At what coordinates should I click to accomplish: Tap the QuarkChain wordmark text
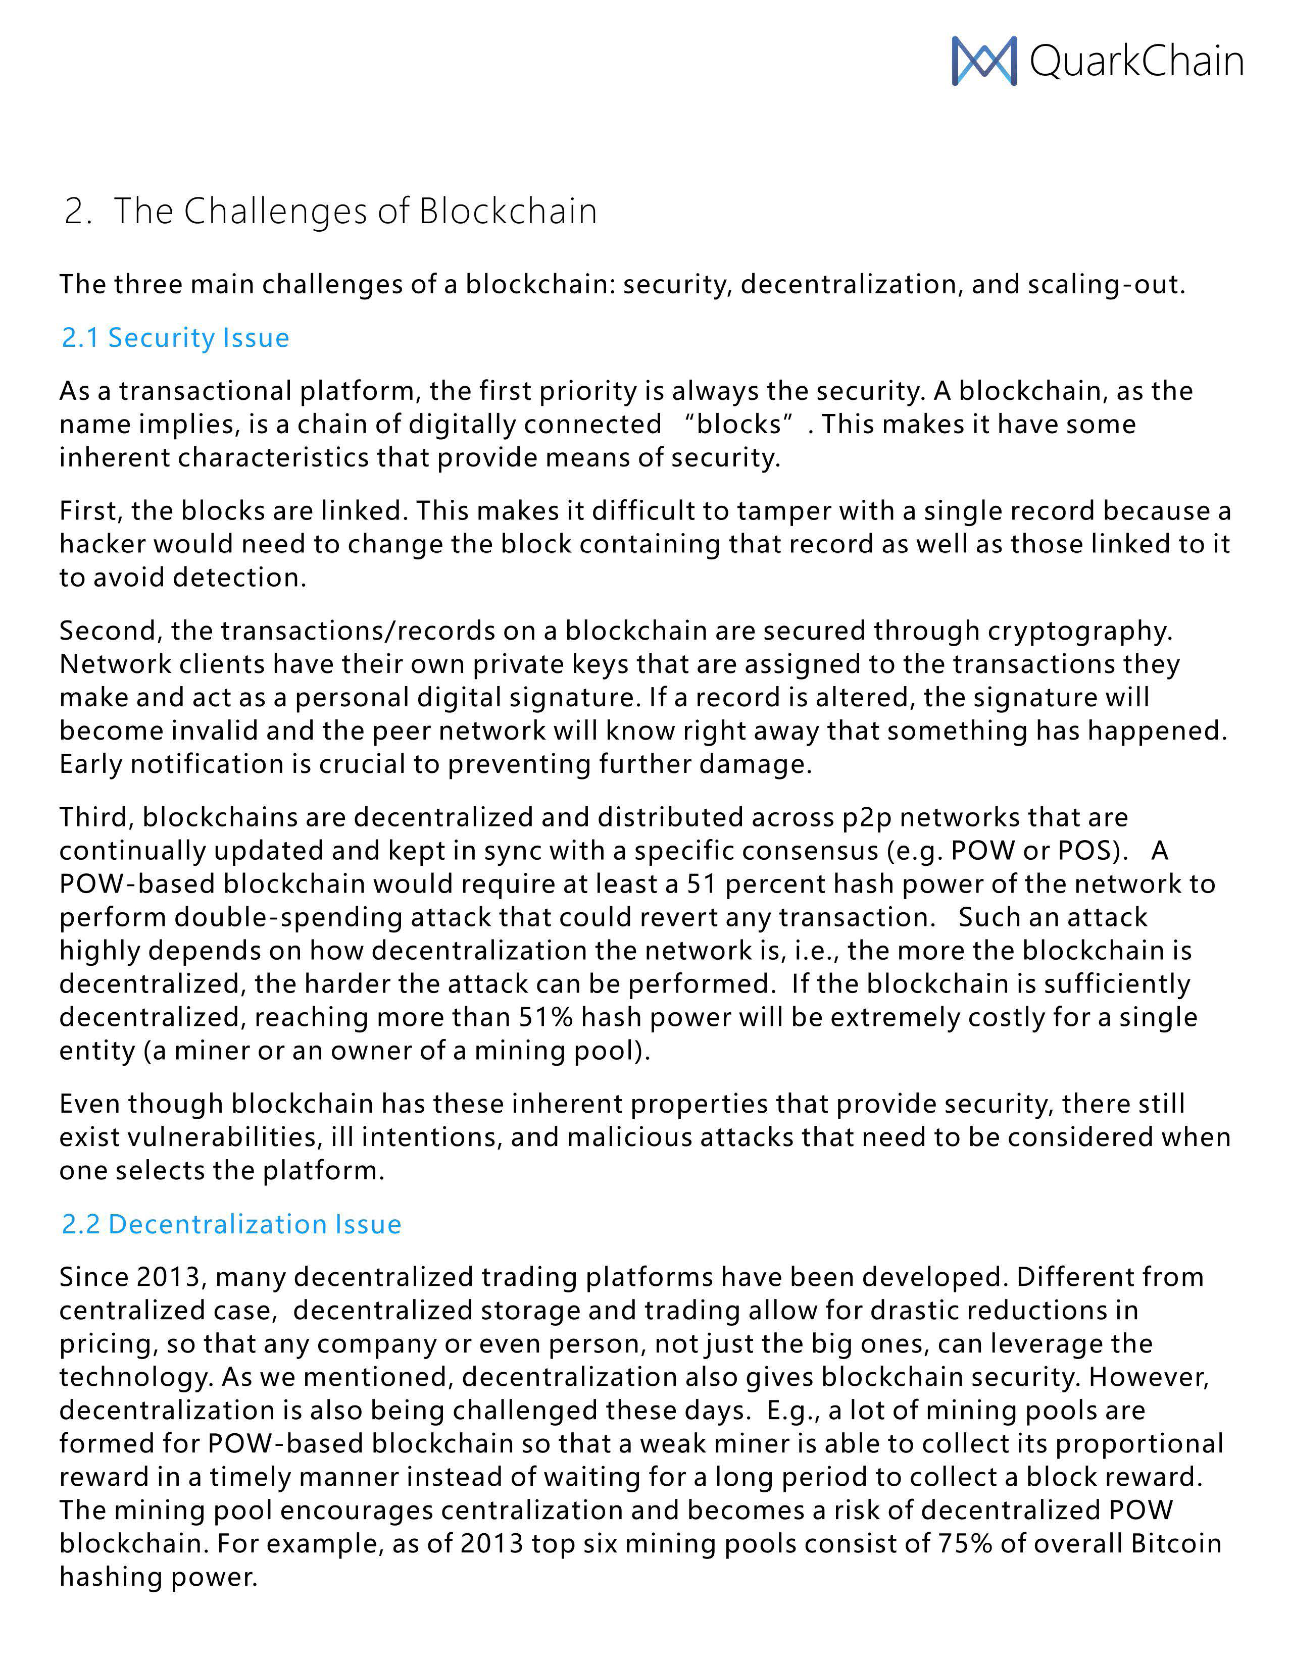tap(1136, 61)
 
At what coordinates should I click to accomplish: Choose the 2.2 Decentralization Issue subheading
tap(231, 1224)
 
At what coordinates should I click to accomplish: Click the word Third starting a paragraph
tap(97, 817)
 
